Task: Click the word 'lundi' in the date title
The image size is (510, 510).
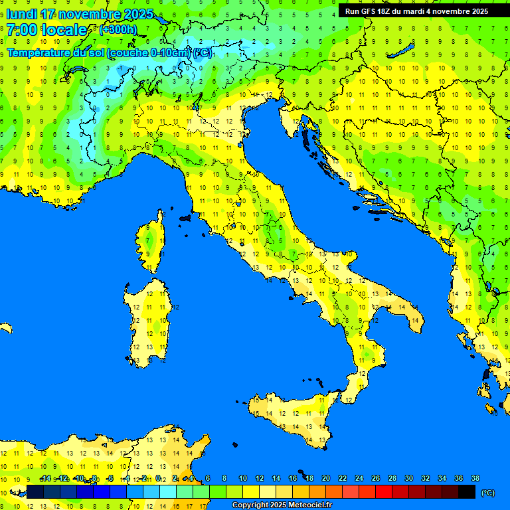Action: click(x=21, y=14)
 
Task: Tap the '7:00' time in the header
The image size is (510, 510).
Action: click(x=23, y=30)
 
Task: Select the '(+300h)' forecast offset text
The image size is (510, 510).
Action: click(x=118, y=29)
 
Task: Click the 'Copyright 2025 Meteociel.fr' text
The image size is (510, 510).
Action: click(x=282, y=505)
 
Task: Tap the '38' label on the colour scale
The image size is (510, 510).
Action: click(x=475, y=479)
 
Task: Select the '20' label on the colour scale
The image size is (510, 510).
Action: click(x=326, y=479)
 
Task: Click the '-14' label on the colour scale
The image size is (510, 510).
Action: click(x=45, y=479)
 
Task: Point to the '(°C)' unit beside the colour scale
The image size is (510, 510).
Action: click(x=487, y=493)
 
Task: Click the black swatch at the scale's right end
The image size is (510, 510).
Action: click(x=467, y=492)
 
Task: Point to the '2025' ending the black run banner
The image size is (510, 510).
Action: click(x=478, y=11)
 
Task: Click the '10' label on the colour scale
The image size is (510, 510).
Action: click(x=243, y=479)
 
